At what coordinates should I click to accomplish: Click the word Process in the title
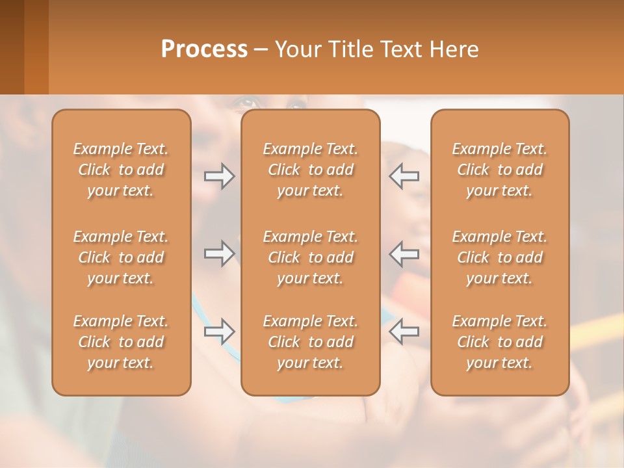204,49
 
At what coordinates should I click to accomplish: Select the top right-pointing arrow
219,176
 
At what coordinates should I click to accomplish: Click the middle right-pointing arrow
219,253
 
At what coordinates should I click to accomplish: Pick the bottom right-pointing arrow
219,331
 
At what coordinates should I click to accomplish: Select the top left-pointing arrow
404,176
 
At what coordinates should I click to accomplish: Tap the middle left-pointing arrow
404,253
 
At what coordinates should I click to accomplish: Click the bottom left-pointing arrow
404,331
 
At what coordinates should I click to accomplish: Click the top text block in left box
121,170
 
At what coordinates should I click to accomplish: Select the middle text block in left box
121,257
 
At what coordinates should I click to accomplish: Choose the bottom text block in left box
121,342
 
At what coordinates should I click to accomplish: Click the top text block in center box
310,170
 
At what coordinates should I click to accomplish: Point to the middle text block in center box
310,257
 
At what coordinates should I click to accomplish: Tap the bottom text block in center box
310,342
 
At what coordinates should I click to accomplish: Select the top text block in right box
499,170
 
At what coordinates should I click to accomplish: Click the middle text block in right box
499,257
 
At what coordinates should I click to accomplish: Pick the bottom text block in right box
499,342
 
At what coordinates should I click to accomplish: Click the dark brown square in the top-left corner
12,47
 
